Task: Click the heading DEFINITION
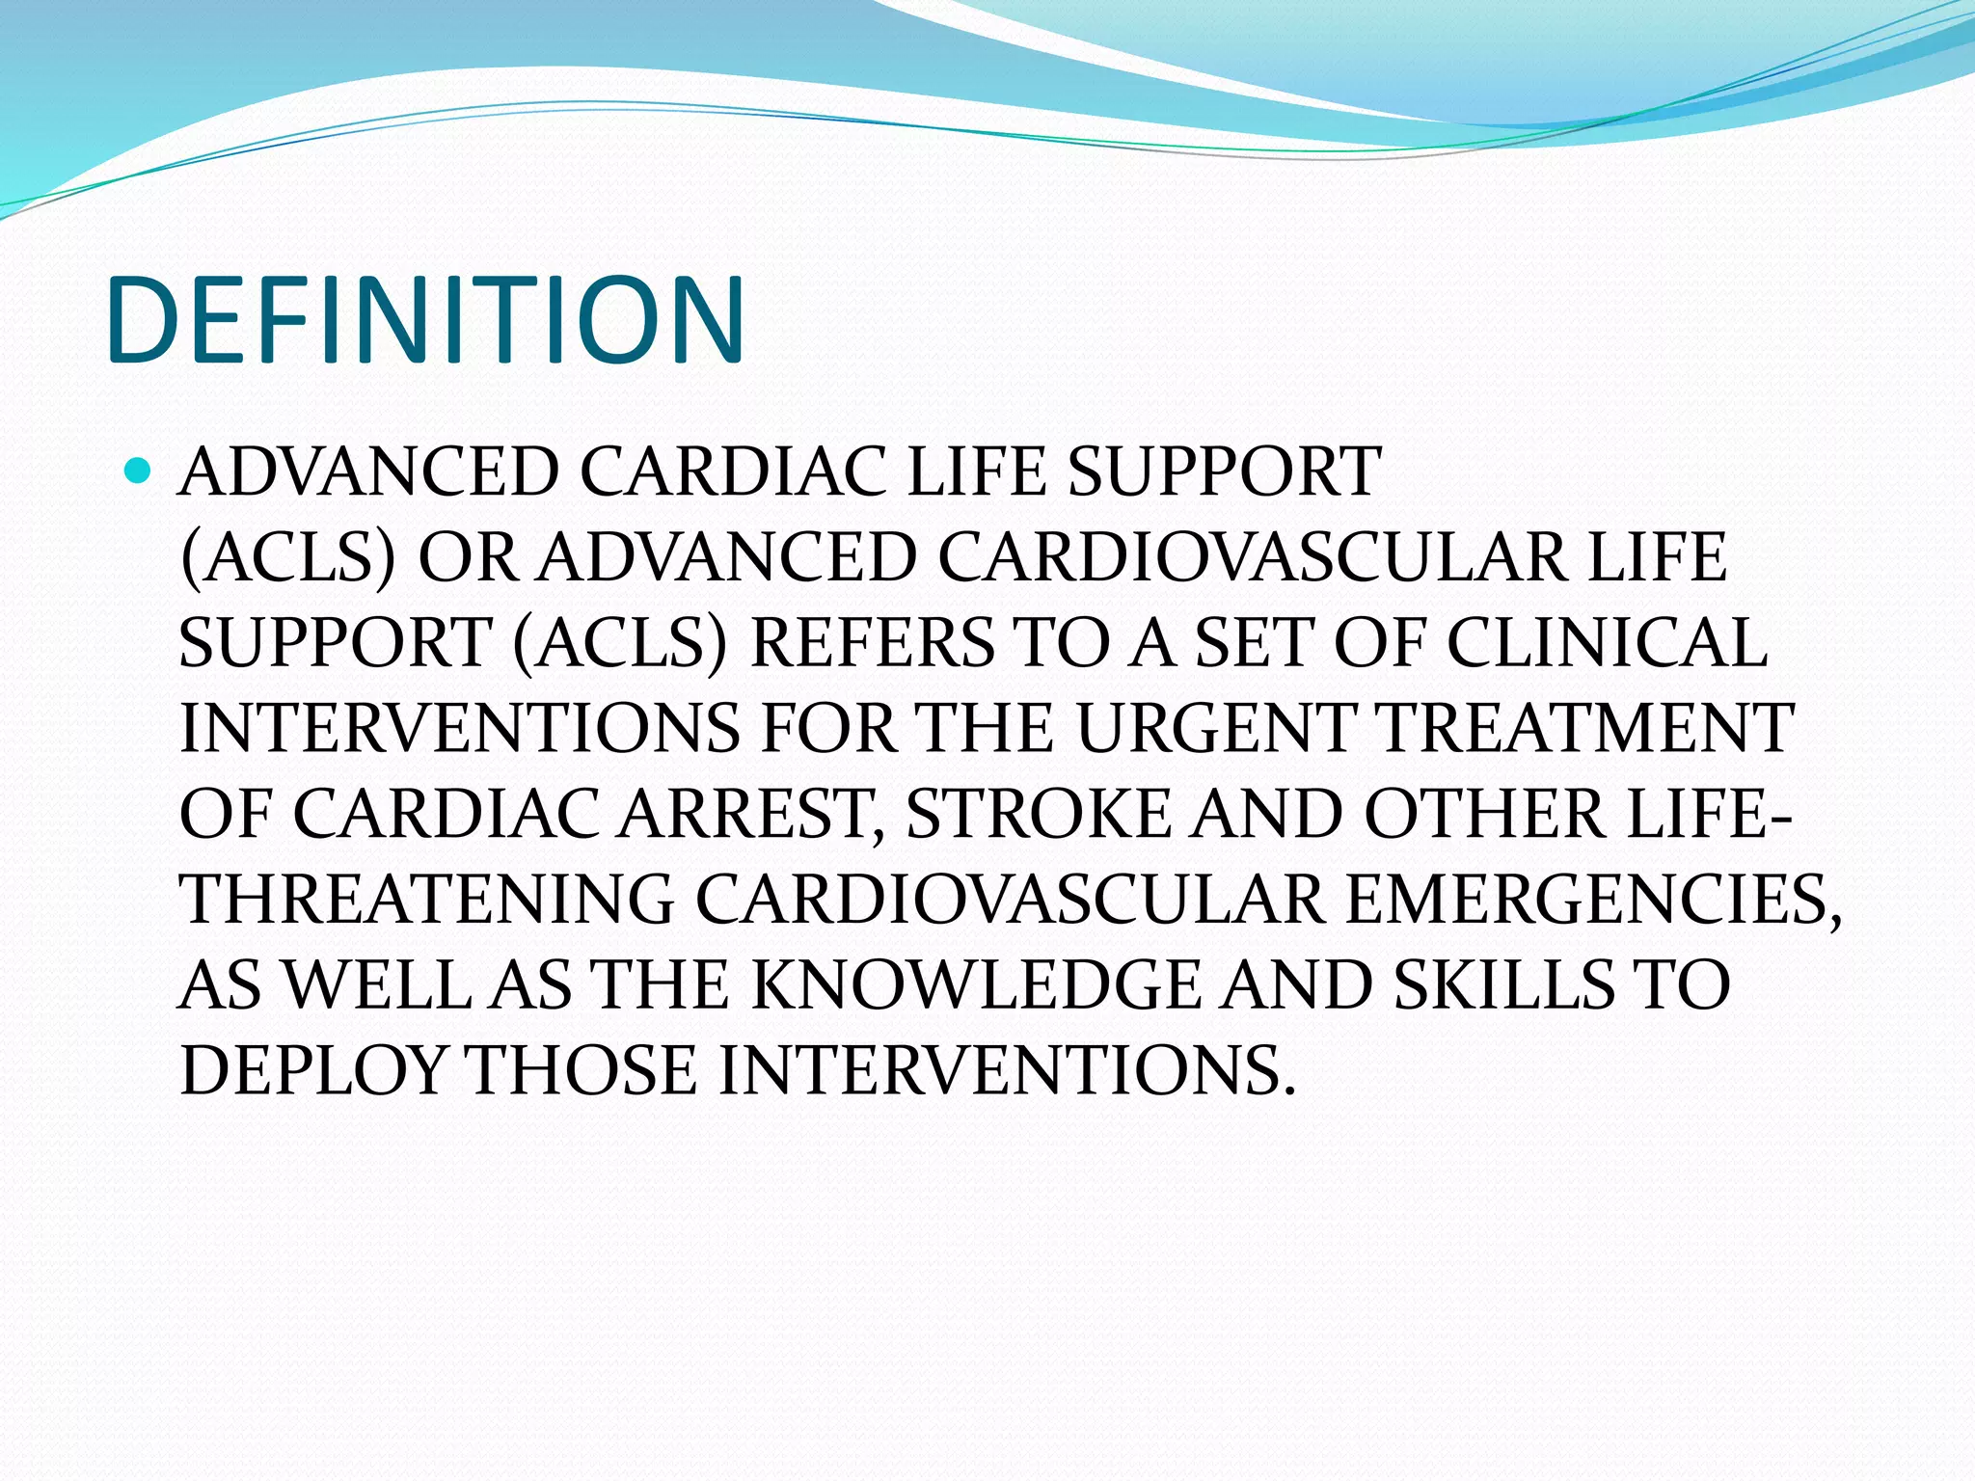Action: click(x=425, y=320)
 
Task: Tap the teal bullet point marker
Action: click(x=139, y=471)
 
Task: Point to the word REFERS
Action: click(x=871, y=643)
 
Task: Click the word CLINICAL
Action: click(x=1607, y=643)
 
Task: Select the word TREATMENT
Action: click(x=1585, y=728)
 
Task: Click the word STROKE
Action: click(x=1038, y=814)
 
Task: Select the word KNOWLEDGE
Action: click(x=975, y=985)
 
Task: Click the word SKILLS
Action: click(x=1504, y=985)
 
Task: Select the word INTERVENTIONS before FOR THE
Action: click(x=460, y=728)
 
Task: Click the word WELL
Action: click(x=377, y=985)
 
